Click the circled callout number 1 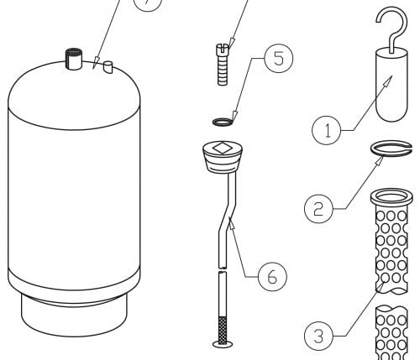(x=327, y=130)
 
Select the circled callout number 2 (x=318, y=209)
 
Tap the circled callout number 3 (x=318, y=336)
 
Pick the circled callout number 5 (x=279, y=58)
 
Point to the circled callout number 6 (x=272, y=276)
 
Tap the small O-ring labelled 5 (x=223, y=122)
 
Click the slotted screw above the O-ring (x=223, y=65)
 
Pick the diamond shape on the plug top (x=222, y=148)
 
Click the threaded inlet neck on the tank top (x=74, y=59)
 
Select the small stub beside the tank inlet (x=108, y=67)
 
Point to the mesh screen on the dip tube (x=223, y=329)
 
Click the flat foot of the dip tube (x=223, y=344)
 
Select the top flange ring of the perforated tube (x=391, y=197)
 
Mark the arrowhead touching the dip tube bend (x=230, y=222)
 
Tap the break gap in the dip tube (x=223, y=270)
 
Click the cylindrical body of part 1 (x=391, y=85)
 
